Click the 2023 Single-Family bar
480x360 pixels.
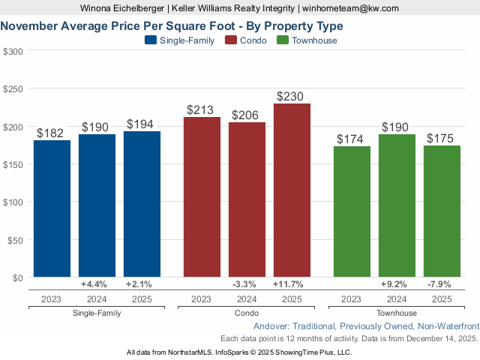pos(52,208)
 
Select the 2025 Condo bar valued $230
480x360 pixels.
pos(292,190)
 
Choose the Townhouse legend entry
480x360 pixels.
pos(307,40)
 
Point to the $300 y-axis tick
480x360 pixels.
pos(13,51)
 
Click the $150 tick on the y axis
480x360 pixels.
pos(13,164)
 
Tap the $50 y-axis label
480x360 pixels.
pos(15,240)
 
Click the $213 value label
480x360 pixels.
pos(202,110)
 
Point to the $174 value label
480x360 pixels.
pos(352,139)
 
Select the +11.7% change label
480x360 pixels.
pos(292,285)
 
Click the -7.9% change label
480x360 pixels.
pos(442,285)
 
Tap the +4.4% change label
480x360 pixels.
pos(97,285)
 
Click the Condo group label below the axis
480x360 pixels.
pos(247,313)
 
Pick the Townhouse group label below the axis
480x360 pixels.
pos(397,313)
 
